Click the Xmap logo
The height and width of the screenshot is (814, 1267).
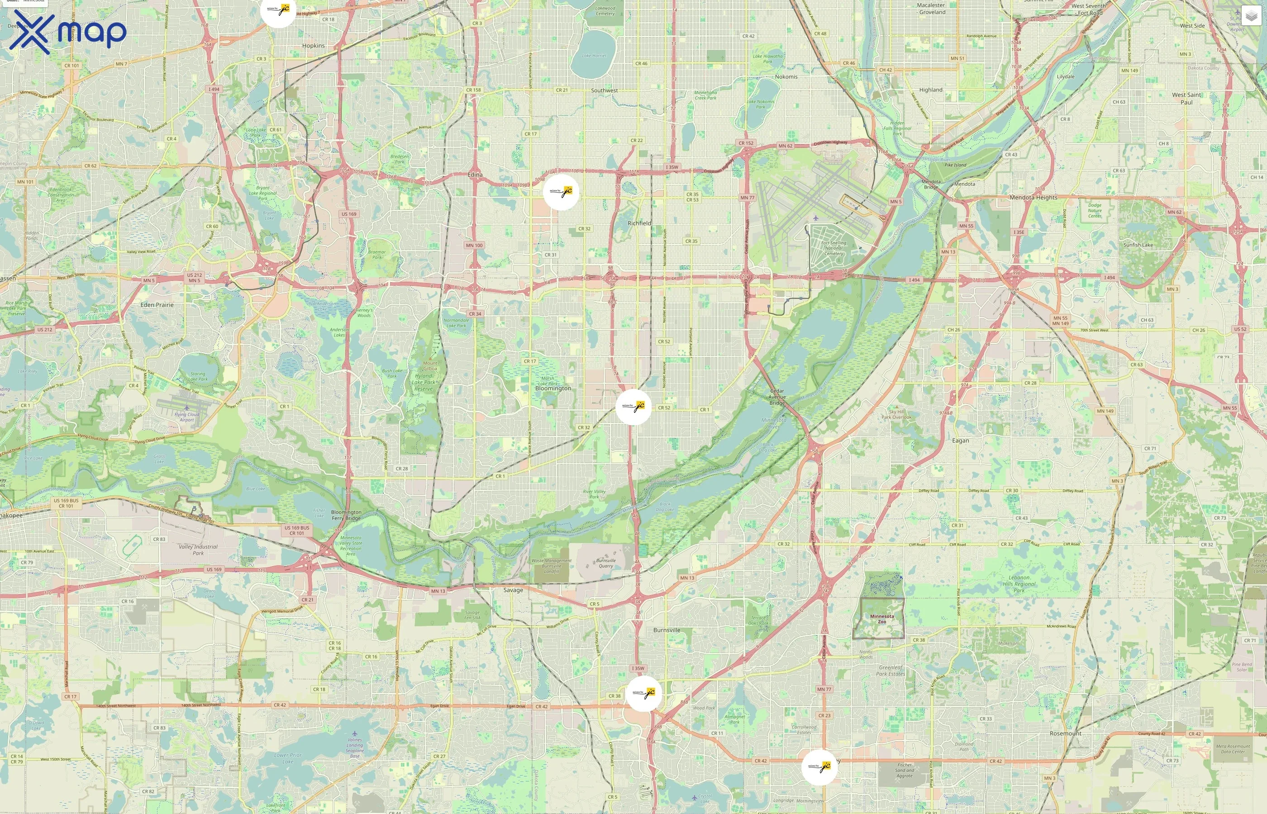point(68,32)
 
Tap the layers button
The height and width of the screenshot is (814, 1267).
point(1251,16)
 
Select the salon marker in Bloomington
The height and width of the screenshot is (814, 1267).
point(633,407)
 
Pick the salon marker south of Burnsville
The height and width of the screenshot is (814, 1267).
point(643,694)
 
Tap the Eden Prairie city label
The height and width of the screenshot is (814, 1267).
point(157,305)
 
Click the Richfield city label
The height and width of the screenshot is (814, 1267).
point(639,223)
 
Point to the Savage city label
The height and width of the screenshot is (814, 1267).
point(513,590)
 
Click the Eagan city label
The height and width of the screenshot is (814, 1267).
point(960,440)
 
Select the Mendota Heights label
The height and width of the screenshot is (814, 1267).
point(1033,198)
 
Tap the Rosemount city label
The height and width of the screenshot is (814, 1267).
point(1065,734)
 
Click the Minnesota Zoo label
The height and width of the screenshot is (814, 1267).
point(882,619)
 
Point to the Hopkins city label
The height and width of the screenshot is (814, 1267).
point(314,46)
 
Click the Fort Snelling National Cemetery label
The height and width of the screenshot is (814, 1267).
point(834,248)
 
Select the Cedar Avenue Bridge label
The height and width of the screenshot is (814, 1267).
point(777,397)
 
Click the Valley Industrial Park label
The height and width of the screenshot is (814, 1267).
point(198,550)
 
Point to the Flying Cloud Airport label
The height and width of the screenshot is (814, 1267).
point(187,417)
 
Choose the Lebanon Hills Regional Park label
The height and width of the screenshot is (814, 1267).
point(1019,583)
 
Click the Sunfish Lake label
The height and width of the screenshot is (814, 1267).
point(1138,245)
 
